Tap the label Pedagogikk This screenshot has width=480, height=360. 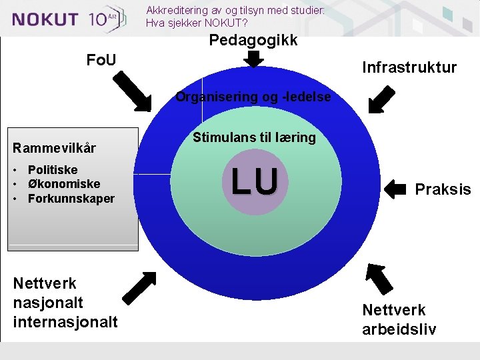(x=253, y=40)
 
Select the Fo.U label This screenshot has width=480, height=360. (x=101, y=61)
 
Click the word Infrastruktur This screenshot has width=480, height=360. (x=409, y=67)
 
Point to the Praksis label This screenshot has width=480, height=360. (x=443, y=189)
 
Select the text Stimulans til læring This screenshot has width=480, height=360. (x=254, y=138)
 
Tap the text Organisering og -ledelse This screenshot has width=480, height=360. (x=253, y=97)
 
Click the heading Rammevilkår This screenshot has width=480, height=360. (x=55, y=147)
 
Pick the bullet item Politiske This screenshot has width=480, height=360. (x=53, y=170)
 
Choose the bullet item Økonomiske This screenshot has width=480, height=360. (x=64, y=184)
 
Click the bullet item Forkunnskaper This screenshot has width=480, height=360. (x=71, y=199)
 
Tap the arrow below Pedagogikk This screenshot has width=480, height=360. (x=253, y=59)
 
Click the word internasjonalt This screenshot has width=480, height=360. (x=65, y=322)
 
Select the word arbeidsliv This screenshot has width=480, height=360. (x=399, y=329)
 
